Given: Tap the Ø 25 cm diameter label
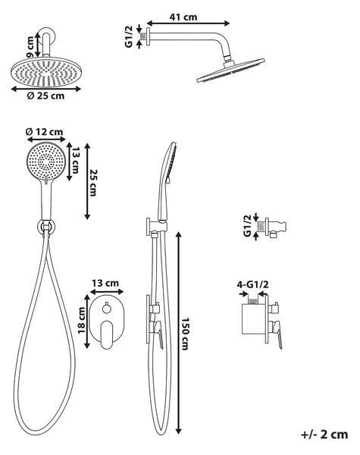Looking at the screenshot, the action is tap(45, 96).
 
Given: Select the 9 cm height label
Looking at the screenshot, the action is tap(30, 46).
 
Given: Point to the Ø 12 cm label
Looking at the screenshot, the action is tap(44, 132).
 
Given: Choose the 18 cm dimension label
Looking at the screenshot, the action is tap(82, 320).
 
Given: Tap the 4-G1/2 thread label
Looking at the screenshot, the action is tap(252, 284).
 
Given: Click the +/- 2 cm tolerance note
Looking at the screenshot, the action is tap(324, 435).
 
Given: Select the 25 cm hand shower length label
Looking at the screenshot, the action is tap(92, 183).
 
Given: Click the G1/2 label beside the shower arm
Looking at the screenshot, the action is tap(129, 36).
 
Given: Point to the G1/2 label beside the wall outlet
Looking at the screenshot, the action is tap(247, 226).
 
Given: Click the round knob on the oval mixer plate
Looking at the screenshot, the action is tap(106, 308).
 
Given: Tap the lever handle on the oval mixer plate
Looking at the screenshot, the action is tap(106, 334).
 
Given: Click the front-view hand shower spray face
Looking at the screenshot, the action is tap(46, 162).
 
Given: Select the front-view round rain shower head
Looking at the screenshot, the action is tap(45, 72).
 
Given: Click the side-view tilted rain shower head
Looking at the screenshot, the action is tap(231, 71).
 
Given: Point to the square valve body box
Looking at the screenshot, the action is tap(253, 319).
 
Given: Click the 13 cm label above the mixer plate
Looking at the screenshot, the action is tap(105, 283).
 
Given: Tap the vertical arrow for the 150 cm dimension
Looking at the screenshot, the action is tap(179, 333).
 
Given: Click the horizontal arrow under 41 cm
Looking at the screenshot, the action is tap(188, 24).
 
